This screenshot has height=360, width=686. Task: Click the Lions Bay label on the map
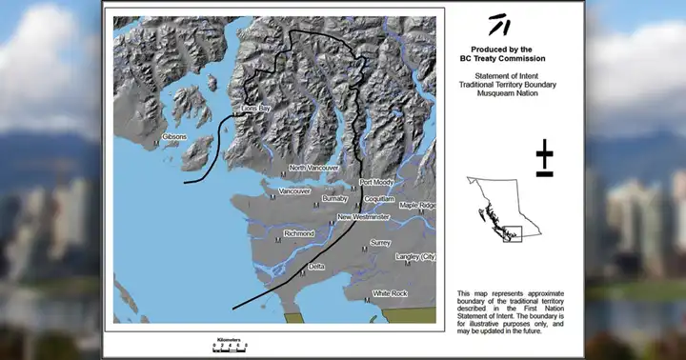coord(254,110)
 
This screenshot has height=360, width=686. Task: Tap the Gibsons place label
coord(175,137)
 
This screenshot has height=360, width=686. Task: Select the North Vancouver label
coord(313,168)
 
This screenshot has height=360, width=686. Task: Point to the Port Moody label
coord(376,182)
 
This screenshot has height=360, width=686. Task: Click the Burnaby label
coord(335,198)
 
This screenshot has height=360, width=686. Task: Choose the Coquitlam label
coord(379,198)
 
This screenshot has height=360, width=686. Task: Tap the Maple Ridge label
coord(416,205)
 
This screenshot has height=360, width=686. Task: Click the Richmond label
coord(299,232)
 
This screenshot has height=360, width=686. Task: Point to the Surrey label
coord(380,243)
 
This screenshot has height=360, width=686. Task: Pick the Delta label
coord(317,266)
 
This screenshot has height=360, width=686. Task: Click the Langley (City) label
coord(415,257)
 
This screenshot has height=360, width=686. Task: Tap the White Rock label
coord(390,293)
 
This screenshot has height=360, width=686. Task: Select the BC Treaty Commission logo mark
coord(498,25)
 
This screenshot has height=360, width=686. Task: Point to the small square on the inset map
coord(513,233)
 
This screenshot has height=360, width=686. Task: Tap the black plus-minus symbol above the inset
coord(544,158)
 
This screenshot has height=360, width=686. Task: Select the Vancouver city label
coord(294,190)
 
